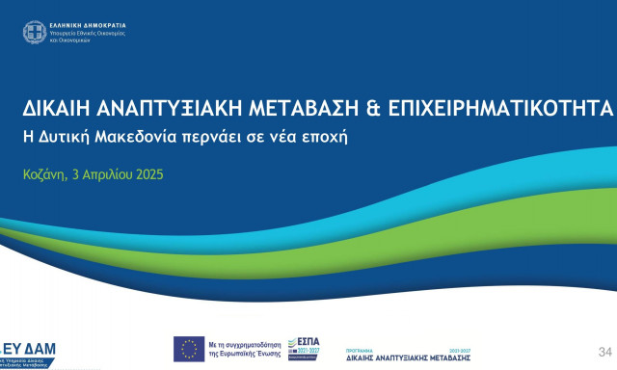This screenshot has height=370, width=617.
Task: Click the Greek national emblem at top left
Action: pos(34,32)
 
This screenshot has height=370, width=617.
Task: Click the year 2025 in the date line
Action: pos(148,175)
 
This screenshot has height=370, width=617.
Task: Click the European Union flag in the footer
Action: pos(188,349)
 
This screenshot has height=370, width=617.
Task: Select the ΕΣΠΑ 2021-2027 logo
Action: pos(307,347)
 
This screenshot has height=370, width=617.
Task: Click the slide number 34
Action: pos(605,351)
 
